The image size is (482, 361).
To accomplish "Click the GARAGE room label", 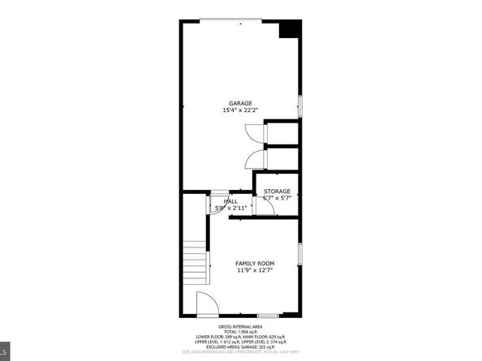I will (x=239, y=103).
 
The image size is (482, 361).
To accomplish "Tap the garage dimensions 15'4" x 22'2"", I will (x=239, y=110).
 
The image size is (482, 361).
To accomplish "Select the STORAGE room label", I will (x=277, y=191).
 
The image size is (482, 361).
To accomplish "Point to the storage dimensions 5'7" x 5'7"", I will (x=277, y=198).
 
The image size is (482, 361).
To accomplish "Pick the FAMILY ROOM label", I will (x=255, y=264).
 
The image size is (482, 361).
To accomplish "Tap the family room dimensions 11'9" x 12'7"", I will (x=255, y=271).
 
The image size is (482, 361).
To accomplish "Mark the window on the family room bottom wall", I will (x=268, y=315).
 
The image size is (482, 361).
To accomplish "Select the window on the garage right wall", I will (x=299, y=105).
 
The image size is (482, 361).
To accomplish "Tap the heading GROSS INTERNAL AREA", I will (x=241, y=326).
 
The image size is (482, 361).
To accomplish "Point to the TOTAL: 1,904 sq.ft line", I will (x=241, y=332).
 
